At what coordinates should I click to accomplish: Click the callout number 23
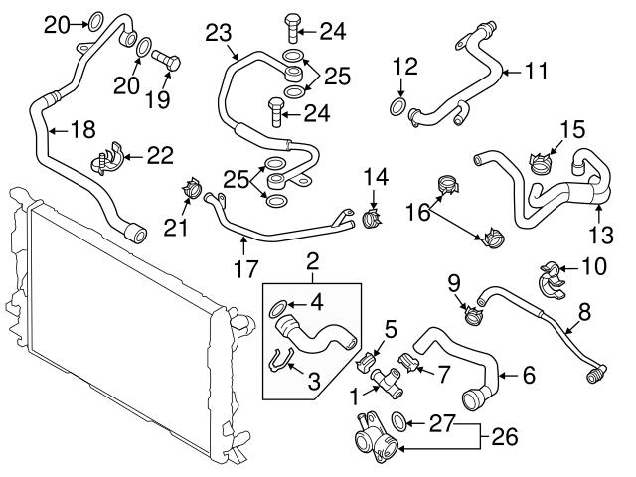218,33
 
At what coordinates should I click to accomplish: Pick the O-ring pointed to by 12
397,107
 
